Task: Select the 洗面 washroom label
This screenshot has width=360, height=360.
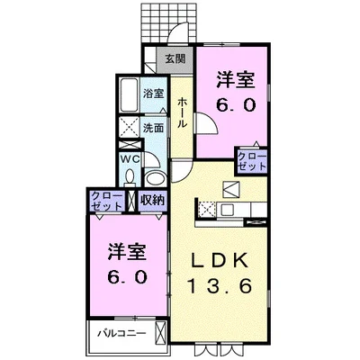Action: [x=155, y=127]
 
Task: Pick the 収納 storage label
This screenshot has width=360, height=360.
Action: [x=152, y=200]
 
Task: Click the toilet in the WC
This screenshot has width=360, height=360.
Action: [x=129, y=176]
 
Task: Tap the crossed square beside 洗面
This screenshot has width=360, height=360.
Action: [x=129, y=127]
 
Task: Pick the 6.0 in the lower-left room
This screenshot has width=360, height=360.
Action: [x=117, y=276]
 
